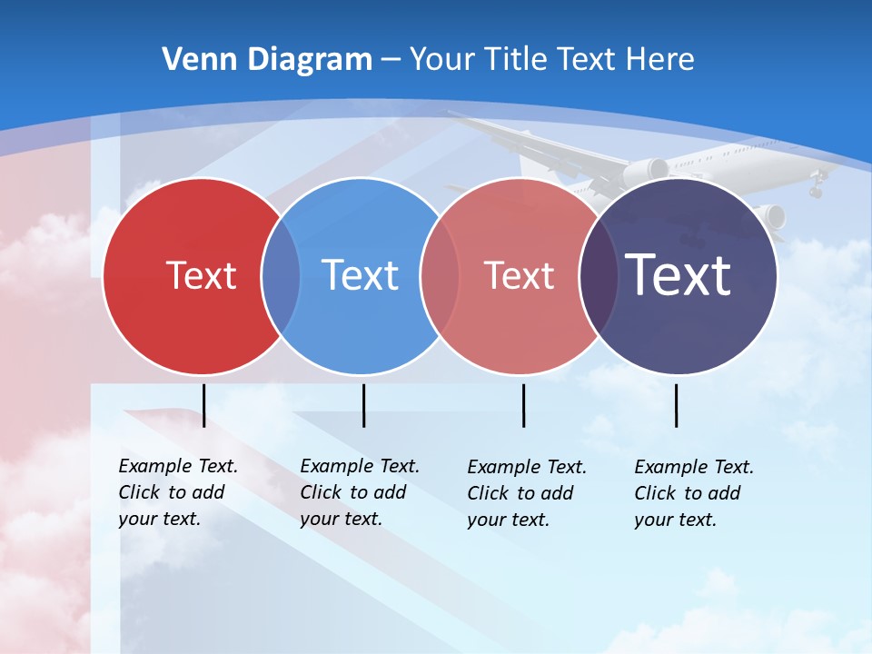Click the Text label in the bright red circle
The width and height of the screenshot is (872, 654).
pyautogui.click(x=201, y=275)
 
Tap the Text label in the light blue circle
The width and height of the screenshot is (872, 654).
pyautogui.click(x=360, y=275)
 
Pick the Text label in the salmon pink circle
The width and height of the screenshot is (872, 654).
pyautogui.click(x=519, y=275)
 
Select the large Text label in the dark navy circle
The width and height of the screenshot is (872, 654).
pyautogui.click(x=678, y=274)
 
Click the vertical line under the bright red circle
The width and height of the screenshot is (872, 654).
pyautogui.click(x=203, y=405)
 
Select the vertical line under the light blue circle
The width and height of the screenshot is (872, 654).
pyautogui.click(x=363, y=405)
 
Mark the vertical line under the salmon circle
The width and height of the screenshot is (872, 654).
pyautogui.click(x=523, y=405)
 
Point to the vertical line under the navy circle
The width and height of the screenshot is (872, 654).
pyautogui.click(x=676, y=405)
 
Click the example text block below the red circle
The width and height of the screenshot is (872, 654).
pyautogui.click(x=177, y=492)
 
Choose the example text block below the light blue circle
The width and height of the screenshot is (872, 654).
pyautogui.click(x=359, y=492)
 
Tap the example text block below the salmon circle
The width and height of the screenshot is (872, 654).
pyautogui.click(x=526, y=493)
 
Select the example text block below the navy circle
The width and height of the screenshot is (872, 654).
pyautogui.click(x=693, y=493)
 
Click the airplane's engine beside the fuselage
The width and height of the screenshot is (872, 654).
pyautogui.click(x=646, y=170)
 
